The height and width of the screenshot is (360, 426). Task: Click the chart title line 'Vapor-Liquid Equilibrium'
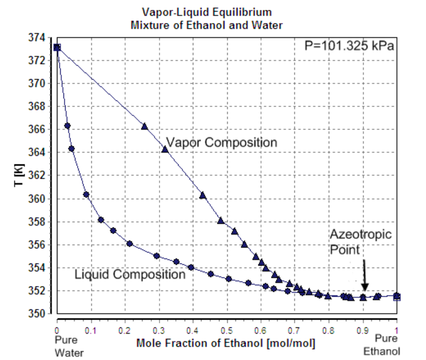(207, 12)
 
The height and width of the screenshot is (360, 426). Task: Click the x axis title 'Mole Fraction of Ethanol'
(225, 344)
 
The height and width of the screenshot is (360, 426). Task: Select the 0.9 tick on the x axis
(363, 331)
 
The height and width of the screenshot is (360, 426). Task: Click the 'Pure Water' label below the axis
(69, 346)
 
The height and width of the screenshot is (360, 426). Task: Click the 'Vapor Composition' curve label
(221, 143)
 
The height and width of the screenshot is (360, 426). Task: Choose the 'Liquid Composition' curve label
(130, 274)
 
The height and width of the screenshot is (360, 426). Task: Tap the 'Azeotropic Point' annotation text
(360, 242)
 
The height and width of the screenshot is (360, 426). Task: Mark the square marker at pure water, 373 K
(57, 48)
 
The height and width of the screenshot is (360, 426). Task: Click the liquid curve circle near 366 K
(67, 126)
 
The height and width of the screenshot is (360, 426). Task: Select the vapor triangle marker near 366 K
(145, 126)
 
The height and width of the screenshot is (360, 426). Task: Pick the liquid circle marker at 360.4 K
(86, 194)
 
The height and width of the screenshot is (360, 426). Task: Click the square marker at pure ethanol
(397, 297)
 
